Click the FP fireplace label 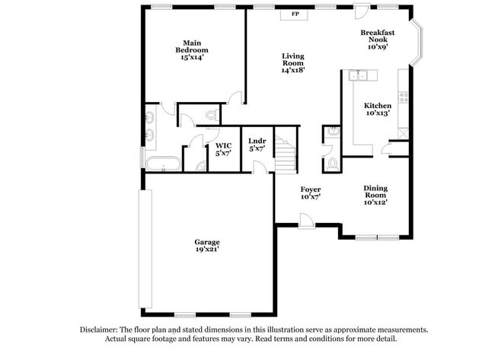(x=295, y=14)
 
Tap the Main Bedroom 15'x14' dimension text (x=192, y=57)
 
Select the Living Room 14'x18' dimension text (x=293, y=70)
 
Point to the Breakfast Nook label (x=378, y=36)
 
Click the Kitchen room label (x=378, y=106)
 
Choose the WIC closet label (x=223, y=146)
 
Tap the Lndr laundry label (x=257, y=141)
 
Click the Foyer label (x=311, y=190)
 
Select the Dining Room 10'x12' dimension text (x=375, y=202)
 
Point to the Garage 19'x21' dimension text (x=207, y=249)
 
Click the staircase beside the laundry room (x=286, y=150)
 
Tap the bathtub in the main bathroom (x=163, y=164)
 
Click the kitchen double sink (x=358, y=75)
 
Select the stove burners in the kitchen (x=404, y=97)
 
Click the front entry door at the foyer (x=307, y=221)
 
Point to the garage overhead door (x=145, y=249)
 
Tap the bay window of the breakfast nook (x=417, y=43)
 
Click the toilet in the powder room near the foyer (x=332, y=164)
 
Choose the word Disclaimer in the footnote (x=99, y=330)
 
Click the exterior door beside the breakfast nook (x=362, y=11)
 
